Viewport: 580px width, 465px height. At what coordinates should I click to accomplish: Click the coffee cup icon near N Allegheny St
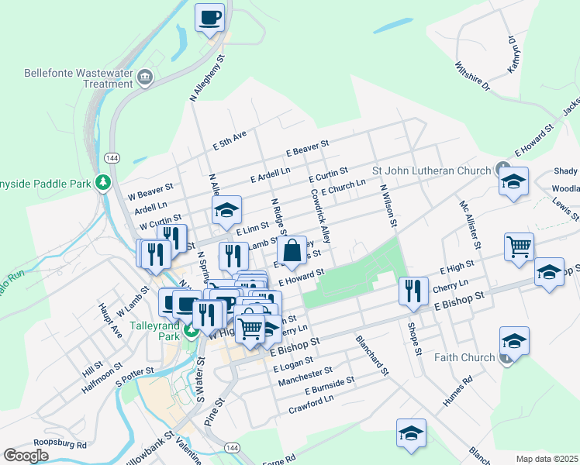point(209,17)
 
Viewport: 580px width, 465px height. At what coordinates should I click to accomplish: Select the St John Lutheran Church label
point(431,170)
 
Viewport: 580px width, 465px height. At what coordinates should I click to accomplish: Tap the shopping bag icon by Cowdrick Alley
point(292,251)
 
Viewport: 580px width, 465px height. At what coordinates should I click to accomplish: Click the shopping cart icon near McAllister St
point(519,247)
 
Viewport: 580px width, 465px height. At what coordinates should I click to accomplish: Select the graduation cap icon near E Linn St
point(226,209)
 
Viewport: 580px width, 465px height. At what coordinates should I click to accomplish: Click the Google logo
point(26,455)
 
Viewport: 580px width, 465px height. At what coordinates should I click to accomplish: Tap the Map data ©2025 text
point(547,459)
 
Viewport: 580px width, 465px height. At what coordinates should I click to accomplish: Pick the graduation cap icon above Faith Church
point(514,341)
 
